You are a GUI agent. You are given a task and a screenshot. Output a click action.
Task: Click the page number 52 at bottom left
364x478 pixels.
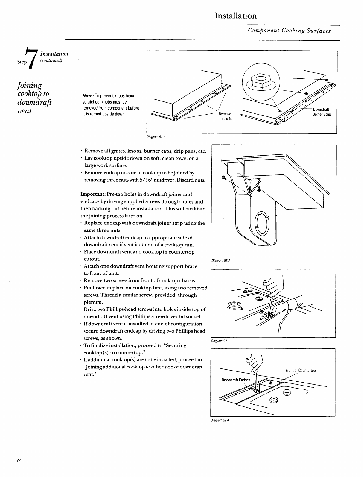[x=18, y=460]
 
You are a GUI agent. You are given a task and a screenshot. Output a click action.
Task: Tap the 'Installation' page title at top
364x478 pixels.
[x=236, y=16]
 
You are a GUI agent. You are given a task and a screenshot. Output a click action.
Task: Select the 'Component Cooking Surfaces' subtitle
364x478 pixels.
[x=289, y=31]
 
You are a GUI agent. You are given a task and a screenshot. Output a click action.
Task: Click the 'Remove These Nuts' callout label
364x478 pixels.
[x=227, y=116]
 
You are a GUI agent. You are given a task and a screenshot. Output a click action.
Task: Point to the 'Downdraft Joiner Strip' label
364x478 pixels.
[x=322, y=112]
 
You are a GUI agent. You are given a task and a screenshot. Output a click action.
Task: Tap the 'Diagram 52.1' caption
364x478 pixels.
[x=156, y=137]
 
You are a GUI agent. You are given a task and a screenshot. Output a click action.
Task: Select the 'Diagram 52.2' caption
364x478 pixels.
[x=221, y=260]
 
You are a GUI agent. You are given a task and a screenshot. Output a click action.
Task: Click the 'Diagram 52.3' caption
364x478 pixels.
[x=220, y=341]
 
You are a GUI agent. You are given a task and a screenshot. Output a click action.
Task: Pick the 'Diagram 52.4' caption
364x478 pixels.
[x=220, y=420]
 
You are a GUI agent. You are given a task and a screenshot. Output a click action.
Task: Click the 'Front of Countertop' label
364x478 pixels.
[x=301, y=371]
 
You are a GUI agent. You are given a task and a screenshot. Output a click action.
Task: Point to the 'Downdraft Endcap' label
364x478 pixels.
[x=236, y=380]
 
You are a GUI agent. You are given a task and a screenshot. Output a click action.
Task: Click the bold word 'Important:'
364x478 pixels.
[x=93, y=194]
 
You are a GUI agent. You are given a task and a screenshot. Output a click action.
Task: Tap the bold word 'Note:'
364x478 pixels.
[x=88, y=96]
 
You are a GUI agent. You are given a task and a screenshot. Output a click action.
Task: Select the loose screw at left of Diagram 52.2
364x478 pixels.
[x=224, y=178]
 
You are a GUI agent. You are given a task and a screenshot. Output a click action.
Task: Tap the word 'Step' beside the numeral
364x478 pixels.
[x=22, y=62]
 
